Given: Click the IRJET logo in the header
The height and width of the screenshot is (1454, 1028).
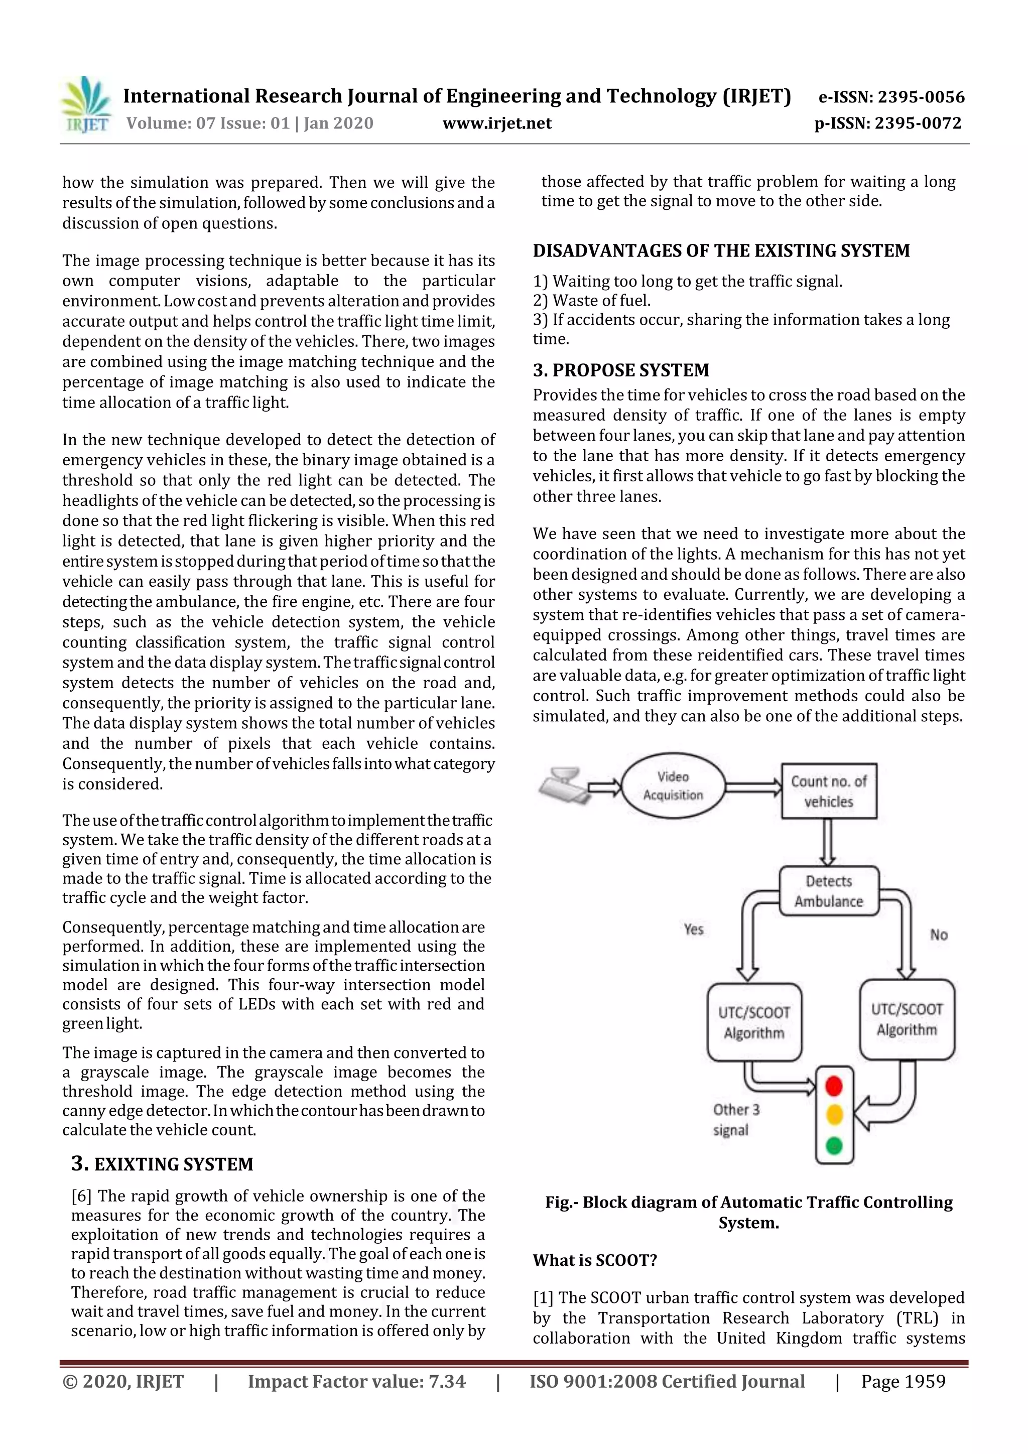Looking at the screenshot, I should click(87, 105).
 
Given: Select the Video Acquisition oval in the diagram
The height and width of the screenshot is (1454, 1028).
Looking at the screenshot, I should click(673, 786).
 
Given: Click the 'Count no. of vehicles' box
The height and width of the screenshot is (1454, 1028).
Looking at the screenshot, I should click(829, 791).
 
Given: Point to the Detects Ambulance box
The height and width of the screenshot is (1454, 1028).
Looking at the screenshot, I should click(829, 891).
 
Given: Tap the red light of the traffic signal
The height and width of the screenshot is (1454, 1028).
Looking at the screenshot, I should click(834, 1087).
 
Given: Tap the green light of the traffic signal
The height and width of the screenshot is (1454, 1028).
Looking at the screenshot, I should click(834, 1145).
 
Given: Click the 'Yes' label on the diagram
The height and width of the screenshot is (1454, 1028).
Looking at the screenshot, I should click(694, 929).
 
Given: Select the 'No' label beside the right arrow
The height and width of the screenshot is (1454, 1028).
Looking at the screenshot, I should click(938, 935).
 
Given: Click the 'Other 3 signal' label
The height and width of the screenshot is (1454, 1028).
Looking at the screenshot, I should click(735, 1120).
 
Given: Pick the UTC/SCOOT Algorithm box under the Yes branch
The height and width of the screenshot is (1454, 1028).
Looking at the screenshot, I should click(754, 1022).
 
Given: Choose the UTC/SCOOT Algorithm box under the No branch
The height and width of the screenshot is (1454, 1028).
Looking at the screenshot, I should click(907, 1019).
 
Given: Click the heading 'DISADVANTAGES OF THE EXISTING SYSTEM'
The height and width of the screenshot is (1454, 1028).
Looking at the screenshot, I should click(721, 251).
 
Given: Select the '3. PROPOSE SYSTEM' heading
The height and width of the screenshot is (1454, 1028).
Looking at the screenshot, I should click(621, 370).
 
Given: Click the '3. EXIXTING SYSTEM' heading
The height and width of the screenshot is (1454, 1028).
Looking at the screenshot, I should click(162, 1164).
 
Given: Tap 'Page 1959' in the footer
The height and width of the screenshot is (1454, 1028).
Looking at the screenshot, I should click(903, 1381).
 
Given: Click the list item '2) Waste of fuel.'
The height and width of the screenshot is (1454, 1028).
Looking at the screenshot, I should click(592, 300).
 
